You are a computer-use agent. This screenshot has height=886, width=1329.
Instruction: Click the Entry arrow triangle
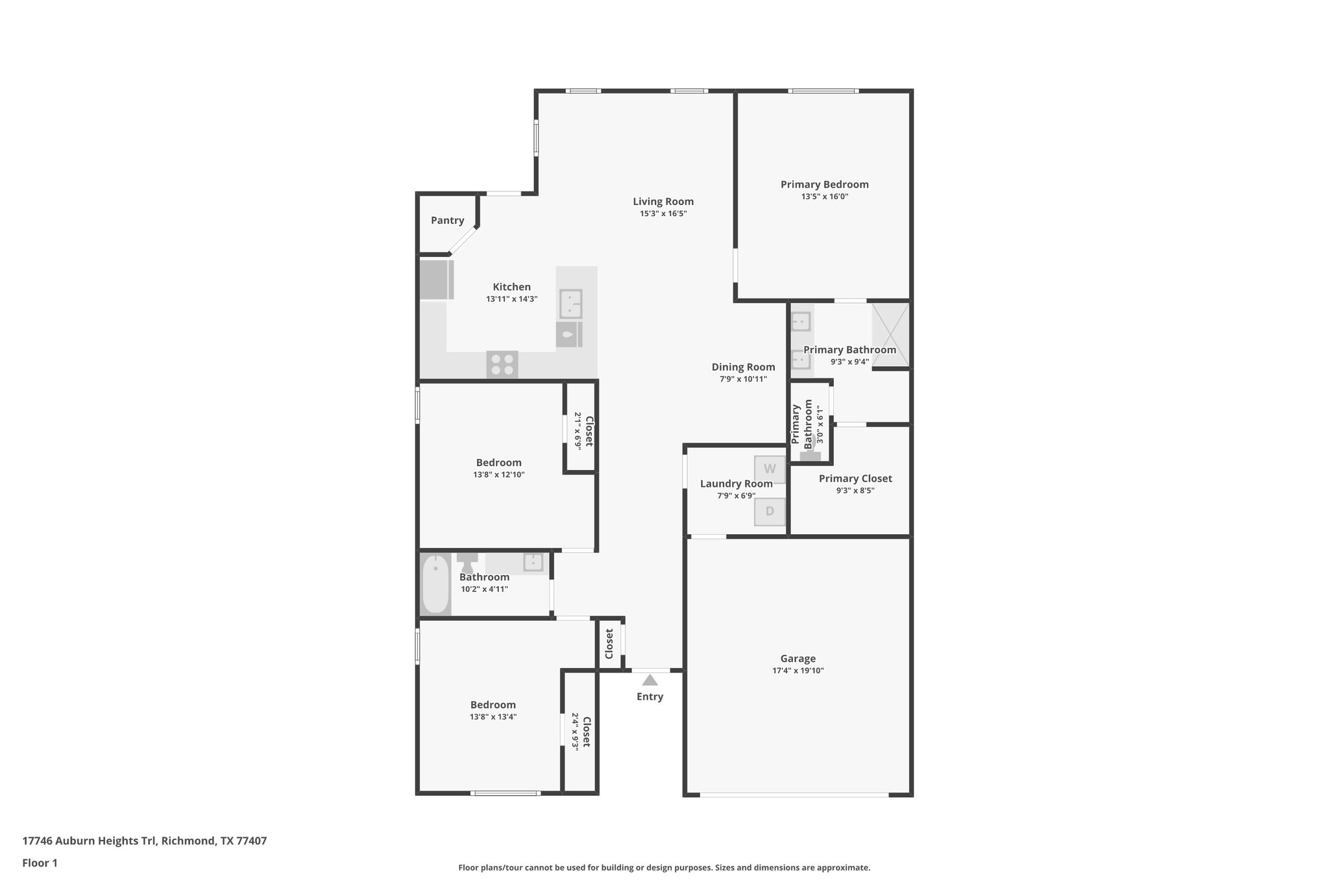tap(650, 680)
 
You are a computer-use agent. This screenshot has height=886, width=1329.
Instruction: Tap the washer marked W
tap(770, 469)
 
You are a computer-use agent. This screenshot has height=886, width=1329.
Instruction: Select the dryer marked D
tap(770, 511)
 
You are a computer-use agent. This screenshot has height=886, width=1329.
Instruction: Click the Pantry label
tap(447, 221)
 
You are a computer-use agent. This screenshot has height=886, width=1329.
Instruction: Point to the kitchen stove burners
tap(502, 364)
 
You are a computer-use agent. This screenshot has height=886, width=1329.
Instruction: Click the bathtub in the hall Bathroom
tap(435, 584)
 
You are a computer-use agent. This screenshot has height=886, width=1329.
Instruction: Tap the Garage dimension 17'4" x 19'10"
tap(798, 671)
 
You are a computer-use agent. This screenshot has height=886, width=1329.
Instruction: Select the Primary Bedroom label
tap(824, 184)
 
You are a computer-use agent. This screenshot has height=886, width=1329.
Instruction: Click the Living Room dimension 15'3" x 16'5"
tap(663, 214)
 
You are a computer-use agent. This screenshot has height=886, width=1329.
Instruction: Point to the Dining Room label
tap(743, 367)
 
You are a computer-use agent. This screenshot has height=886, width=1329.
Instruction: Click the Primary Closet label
tap(855, 478)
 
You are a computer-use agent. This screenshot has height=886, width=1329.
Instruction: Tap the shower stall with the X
tap(890, 335)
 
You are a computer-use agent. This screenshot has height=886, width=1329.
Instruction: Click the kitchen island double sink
tap(570, 304)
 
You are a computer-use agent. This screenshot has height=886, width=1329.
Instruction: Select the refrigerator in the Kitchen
tap(435, 280)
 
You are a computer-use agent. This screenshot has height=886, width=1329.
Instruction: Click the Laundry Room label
tap(736, 484)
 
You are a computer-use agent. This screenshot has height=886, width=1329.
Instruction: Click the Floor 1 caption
tap(40, 863)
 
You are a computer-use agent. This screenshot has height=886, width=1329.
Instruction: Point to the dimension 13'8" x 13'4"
tap(493, 717)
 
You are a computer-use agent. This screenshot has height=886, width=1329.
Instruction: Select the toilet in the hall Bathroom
tap(467, 562)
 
